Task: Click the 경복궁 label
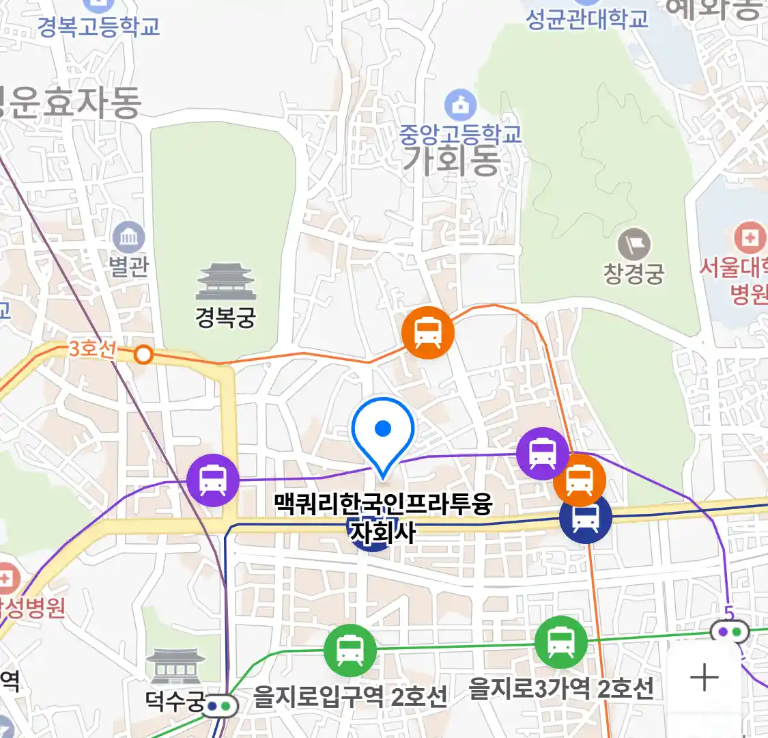[x=225, y=317]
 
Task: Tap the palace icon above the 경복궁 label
[x=225, y=282]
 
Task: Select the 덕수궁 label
[x=175, y=700]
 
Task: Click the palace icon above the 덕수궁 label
[x=176, y=666]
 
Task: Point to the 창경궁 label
[x=634, y=274]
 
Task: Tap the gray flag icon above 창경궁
[x=634, y=244]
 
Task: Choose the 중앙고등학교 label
[x=460, y=133]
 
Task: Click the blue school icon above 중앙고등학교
[x=461, y=105]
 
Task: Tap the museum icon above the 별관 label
[x=128, y=238]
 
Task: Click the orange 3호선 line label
[x=92, y=348]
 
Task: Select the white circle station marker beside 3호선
[x=143, y=355]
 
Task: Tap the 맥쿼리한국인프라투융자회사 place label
[x=383, y=518]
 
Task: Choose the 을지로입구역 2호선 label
[x=350, y=697]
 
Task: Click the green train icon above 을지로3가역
[x=560, y=642]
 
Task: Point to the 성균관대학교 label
[x=587, y=19]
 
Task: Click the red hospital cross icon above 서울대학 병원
[x=750, y=238]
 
